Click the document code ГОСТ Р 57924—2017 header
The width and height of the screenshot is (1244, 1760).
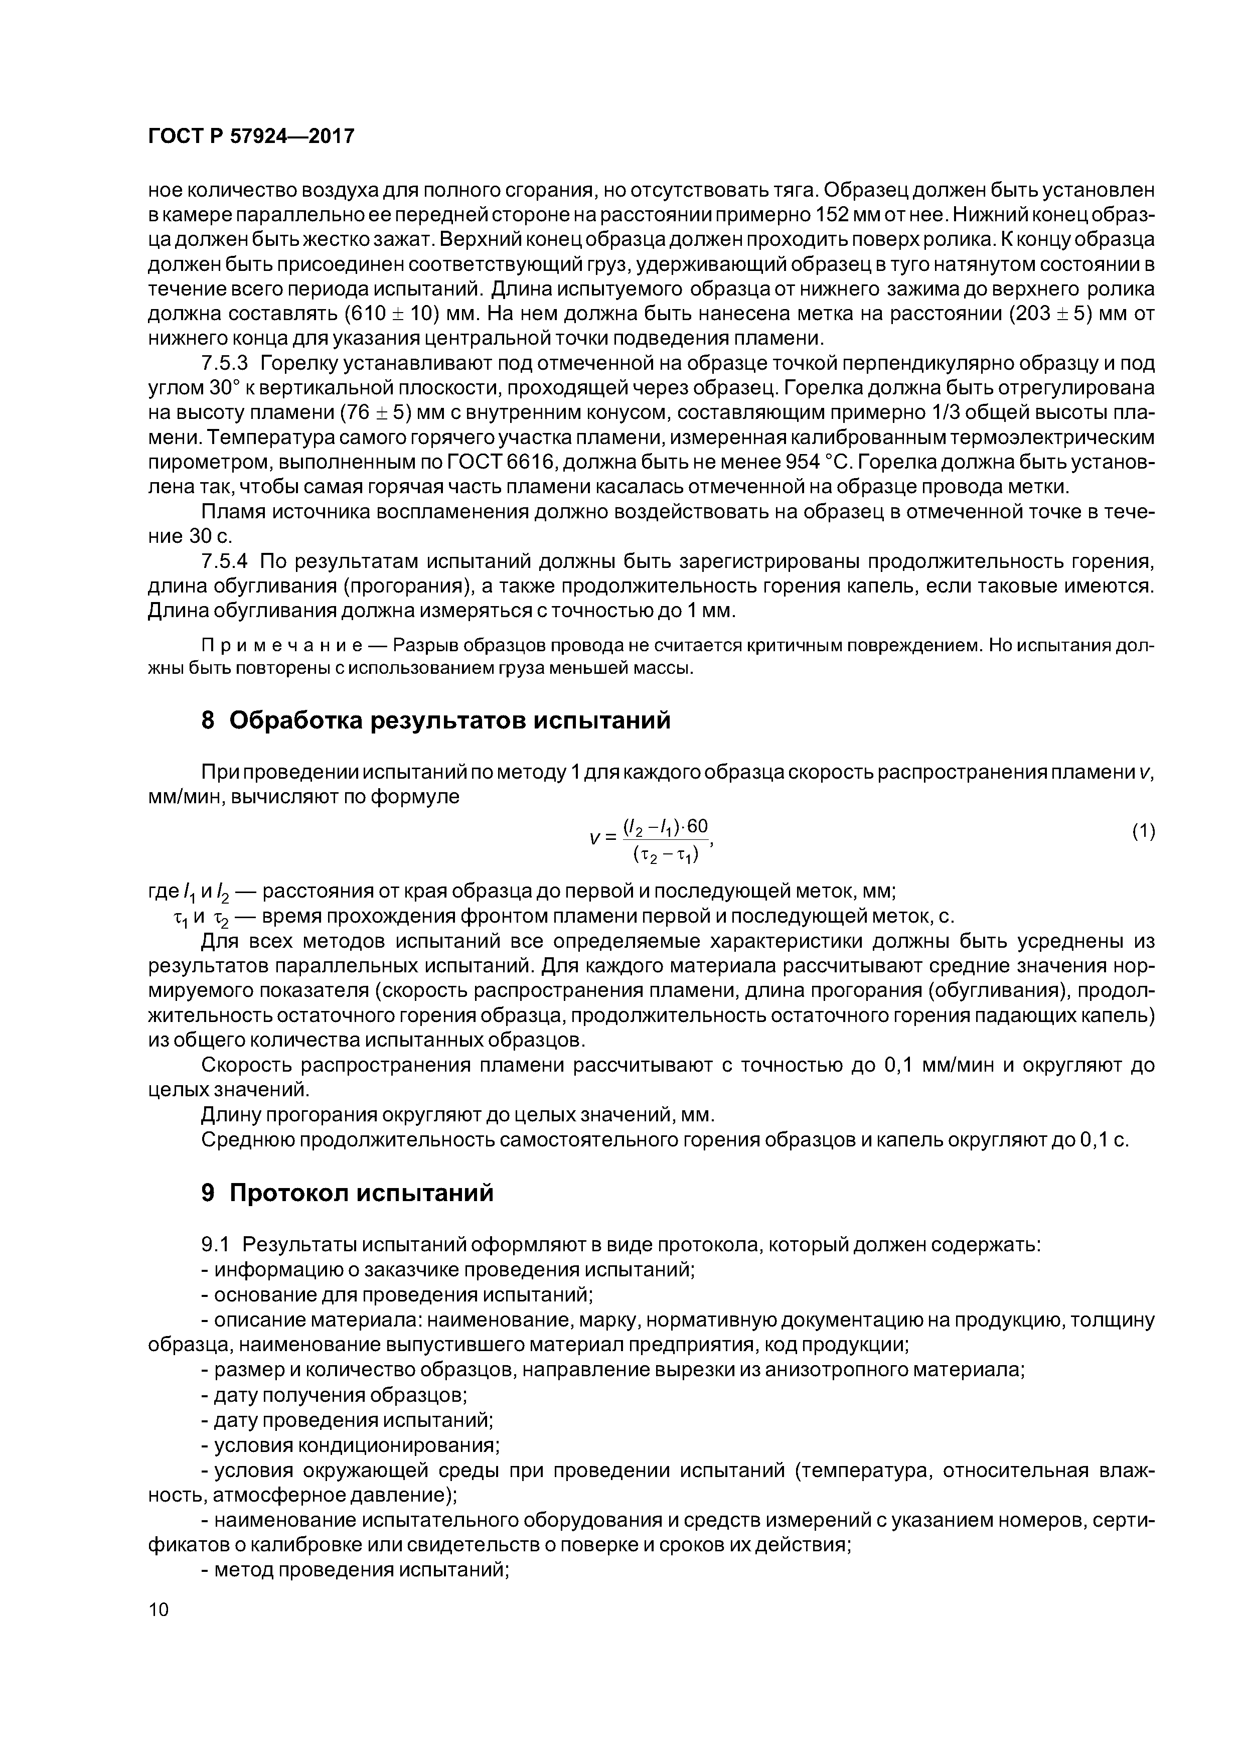(x=251, y=136)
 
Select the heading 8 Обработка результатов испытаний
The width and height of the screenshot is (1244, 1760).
(x=435, y=720)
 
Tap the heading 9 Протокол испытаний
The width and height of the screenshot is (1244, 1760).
(x=347, y=1194)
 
